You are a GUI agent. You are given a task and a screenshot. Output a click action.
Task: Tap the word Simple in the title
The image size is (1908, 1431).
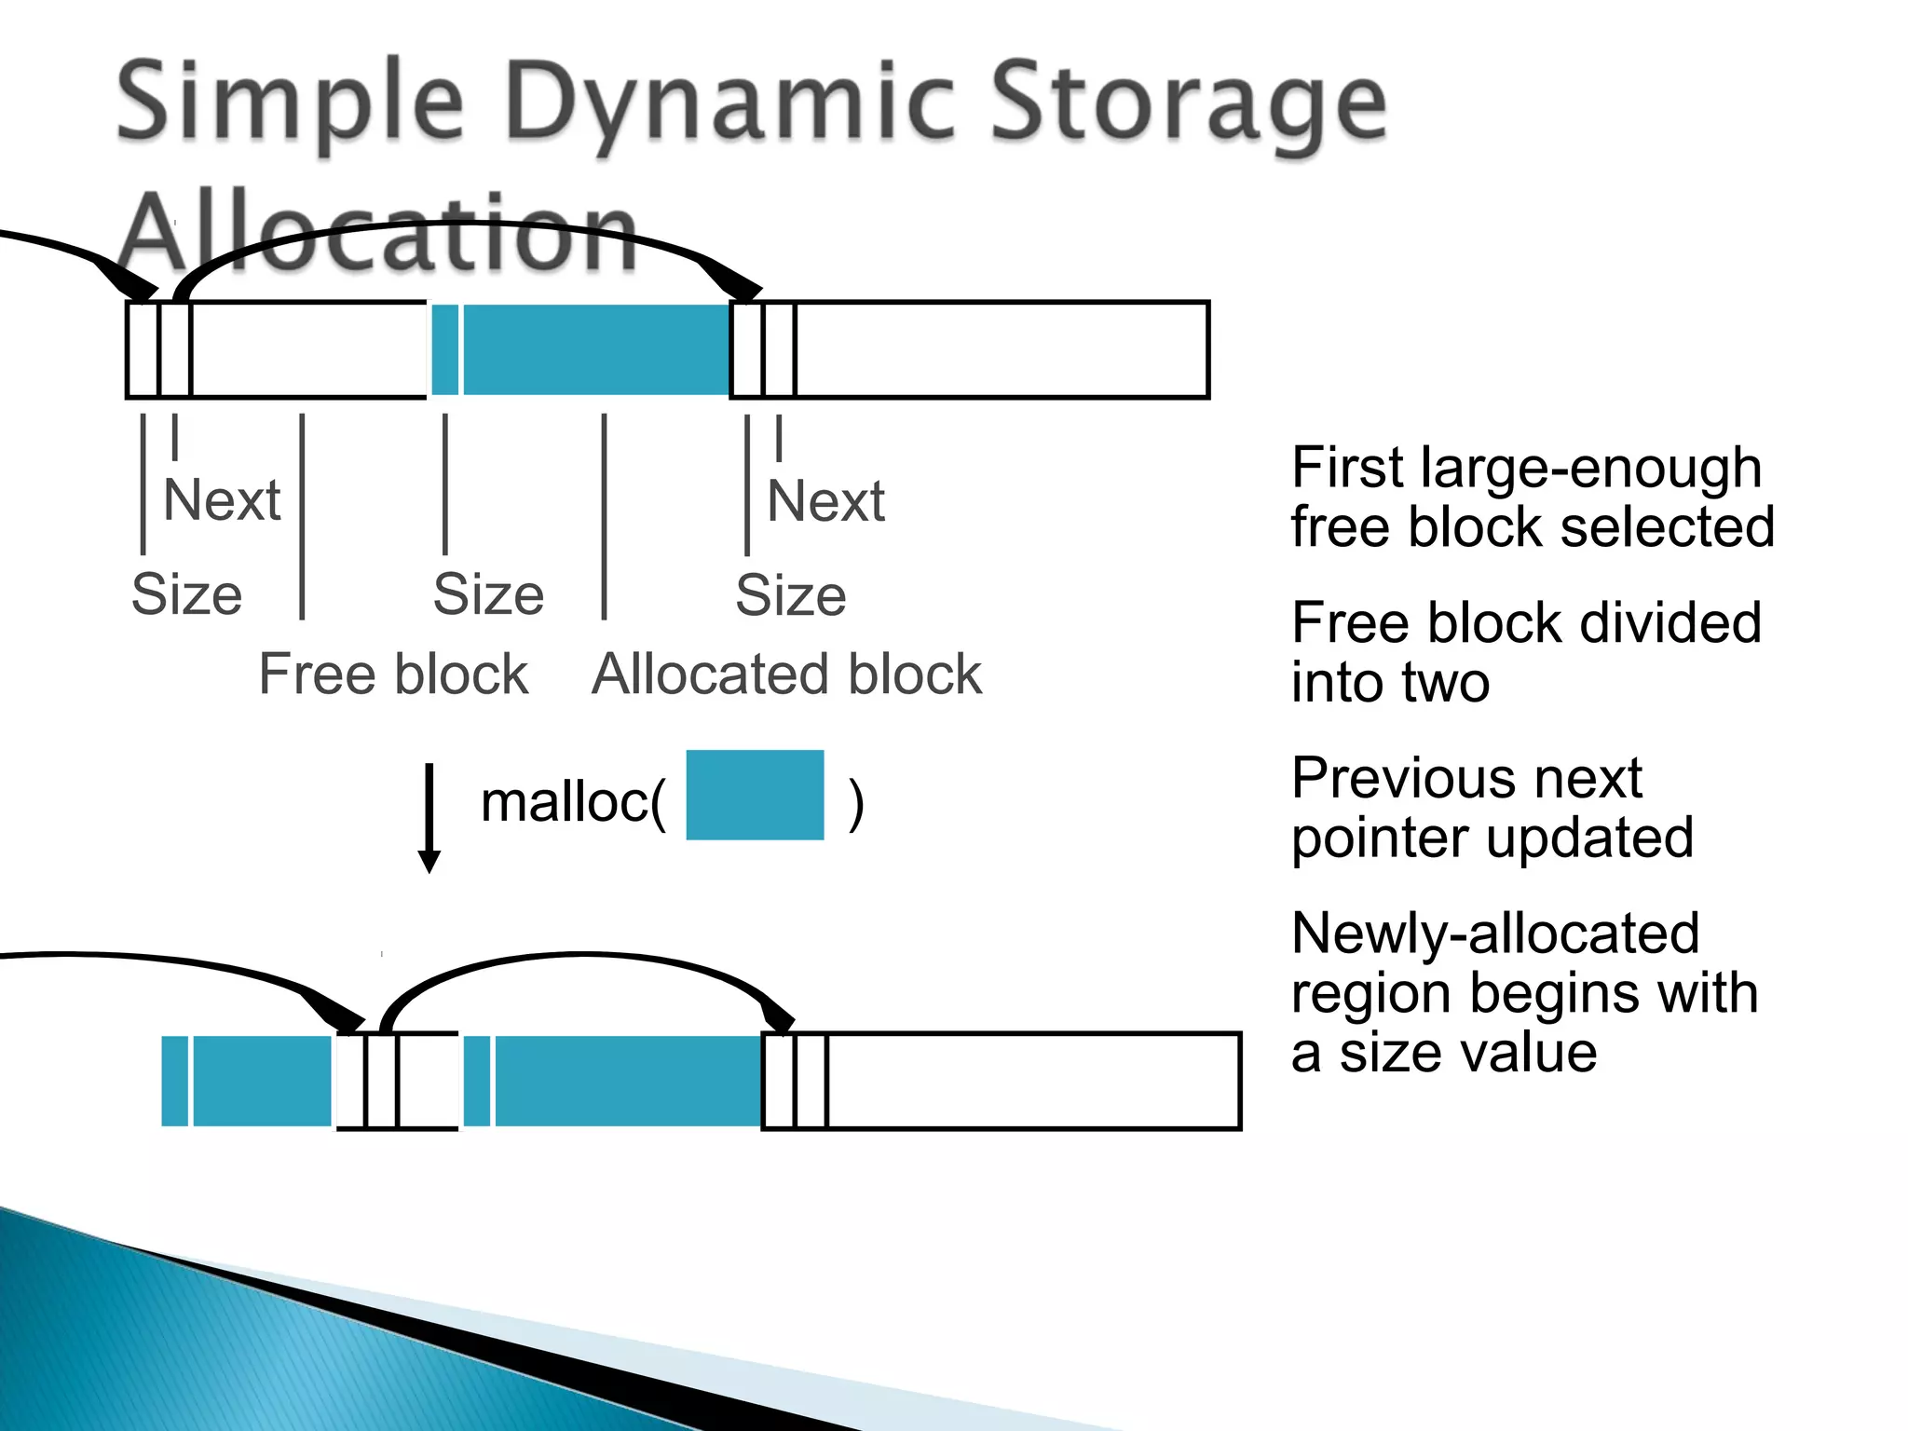coord(290,102)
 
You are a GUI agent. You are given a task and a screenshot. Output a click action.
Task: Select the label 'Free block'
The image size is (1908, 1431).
coord(393,674)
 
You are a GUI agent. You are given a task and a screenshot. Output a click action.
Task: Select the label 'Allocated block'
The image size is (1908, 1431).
coord(786,674)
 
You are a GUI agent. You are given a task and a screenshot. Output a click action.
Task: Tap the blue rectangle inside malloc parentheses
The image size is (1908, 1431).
coord(755,795)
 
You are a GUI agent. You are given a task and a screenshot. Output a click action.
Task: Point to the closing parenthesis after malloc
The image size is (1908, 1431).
coord(856,804)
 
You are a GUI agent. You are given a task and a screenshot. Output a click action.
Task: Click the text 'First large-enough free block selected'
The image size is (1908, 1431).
coord(1532,497)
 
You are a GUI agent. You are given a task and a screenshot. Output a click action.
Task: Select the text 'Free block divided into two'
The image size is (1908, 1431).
coord(1526,652)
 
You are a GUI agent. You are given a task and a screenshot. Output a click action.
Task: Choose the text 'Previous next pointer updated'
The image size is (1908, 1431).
coord(1492,807)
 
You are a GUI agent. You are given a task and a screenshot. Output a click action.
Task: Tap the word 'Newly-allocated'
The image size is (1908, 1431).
coord(1495,934)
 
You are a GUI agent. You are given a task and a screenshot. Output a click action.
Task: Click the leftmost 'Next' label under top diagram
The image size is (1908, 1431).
coord(222,500)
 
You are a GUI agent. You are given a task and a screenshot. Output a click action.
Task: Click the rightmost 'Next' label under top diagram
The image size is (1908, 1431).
coord(825,501)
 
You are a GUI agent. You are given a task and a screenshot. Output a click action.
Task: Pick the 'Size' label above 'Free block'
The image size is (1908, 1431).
coord(488,594)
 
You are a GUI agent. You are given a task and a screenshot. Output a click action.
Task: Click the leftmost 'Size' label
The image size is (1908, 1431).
coord(186,594)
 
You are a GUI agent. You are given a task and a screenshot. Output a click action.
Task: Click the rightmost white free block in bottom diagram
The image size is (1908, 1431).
coord(1032,1081)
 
